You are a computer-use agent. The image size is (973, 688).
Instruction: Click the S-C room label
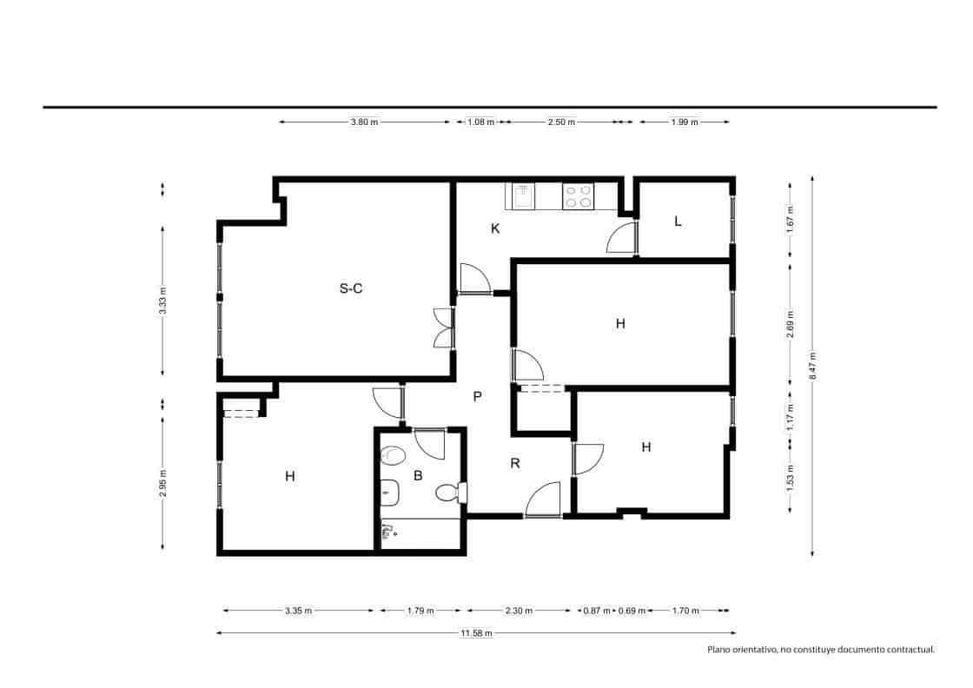(x=351, y=289)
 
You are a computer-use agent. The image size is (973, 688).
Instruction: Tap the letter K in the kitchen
(x=495, y=229)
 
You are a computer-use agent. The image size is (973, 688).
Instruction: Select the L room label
(x=678, y=221)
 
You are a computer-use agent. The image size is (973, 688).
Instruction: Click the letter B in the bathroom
(x=418, y=475)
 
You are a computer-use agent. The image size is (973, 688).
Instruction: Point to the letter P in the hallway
(x=477, y=396)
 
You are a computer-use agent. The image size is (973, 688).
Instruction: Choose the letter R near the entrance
(x=514, y=463)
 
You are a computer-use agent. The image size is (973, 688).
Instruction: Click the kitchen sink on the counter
(x=524, y=197)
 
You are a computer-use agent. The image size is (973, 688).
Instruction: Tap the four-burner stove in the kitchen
(x=578, y=197)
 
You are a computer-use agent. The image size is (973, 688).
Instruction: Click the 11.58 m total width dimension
(x=476, y=633)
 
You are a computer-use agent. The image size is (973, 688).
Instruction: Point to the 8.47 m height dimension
(x=813, y=366)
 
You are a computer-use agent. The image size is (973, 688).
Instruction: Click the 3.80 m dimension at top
(x=364, y=122)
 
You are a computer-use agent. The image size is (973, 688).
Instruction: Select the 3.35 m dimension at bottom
(x=298, y=611)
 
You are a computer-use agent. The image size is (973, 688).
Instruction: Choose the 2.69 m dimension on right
(x=790, y=322)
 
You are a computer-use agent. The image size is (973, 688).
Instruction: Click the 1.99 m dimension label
(x=685, y=122)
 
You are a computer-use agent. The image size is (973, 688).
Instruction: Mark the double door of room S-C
(x=444, y=328)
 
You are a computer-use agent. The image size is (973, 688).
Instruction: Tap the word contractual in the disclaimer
(x=907, y=649)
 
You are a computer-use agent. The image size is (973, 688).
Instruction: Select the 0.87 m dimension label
(x=596, y=611)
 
